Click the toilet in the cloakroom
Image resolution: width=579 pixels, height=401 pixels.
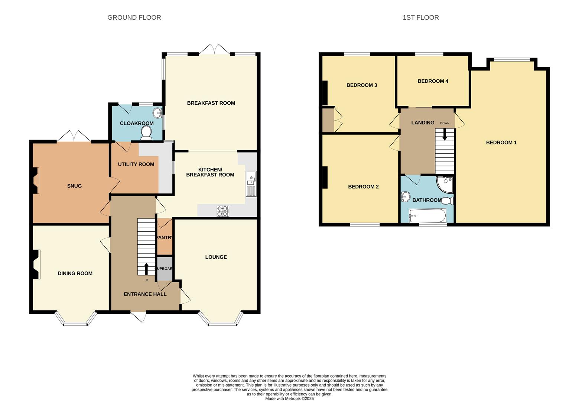[x=146, y=133]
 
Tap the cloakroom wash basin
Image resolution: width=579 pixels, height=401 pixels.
[x=159, y=112]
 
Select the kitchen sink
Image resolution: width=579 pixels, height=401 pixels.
[x=251, y=184]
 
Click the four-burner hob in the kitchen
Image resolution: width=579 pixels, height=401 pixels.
[x=222, y=211]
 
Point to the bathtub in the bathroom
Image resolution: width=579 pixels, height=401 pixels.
[x=427, y=216]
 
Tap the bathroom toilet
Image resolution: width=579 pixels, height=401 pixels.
[x=448, y=201]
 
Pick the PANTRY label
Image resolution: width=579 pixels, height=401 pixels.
[x=165, y=238]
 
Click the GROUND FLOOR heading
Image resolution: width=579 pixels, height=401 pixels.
[x=134, y=17]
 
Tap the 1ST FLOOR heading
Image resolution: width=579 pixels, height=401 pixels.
[x=420, y=17]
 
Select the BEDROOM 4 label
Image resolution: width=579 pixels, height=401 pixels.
[x=433, y=81]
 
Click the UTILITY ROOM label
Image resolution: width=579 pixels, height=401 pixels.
[x=136, y=164]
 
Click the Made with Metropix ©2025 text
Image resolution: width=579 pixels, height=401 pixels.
[x=289, y=398]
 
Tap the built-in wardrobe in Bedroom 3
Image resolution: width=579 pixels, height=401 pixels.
[x=328, y=120]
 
